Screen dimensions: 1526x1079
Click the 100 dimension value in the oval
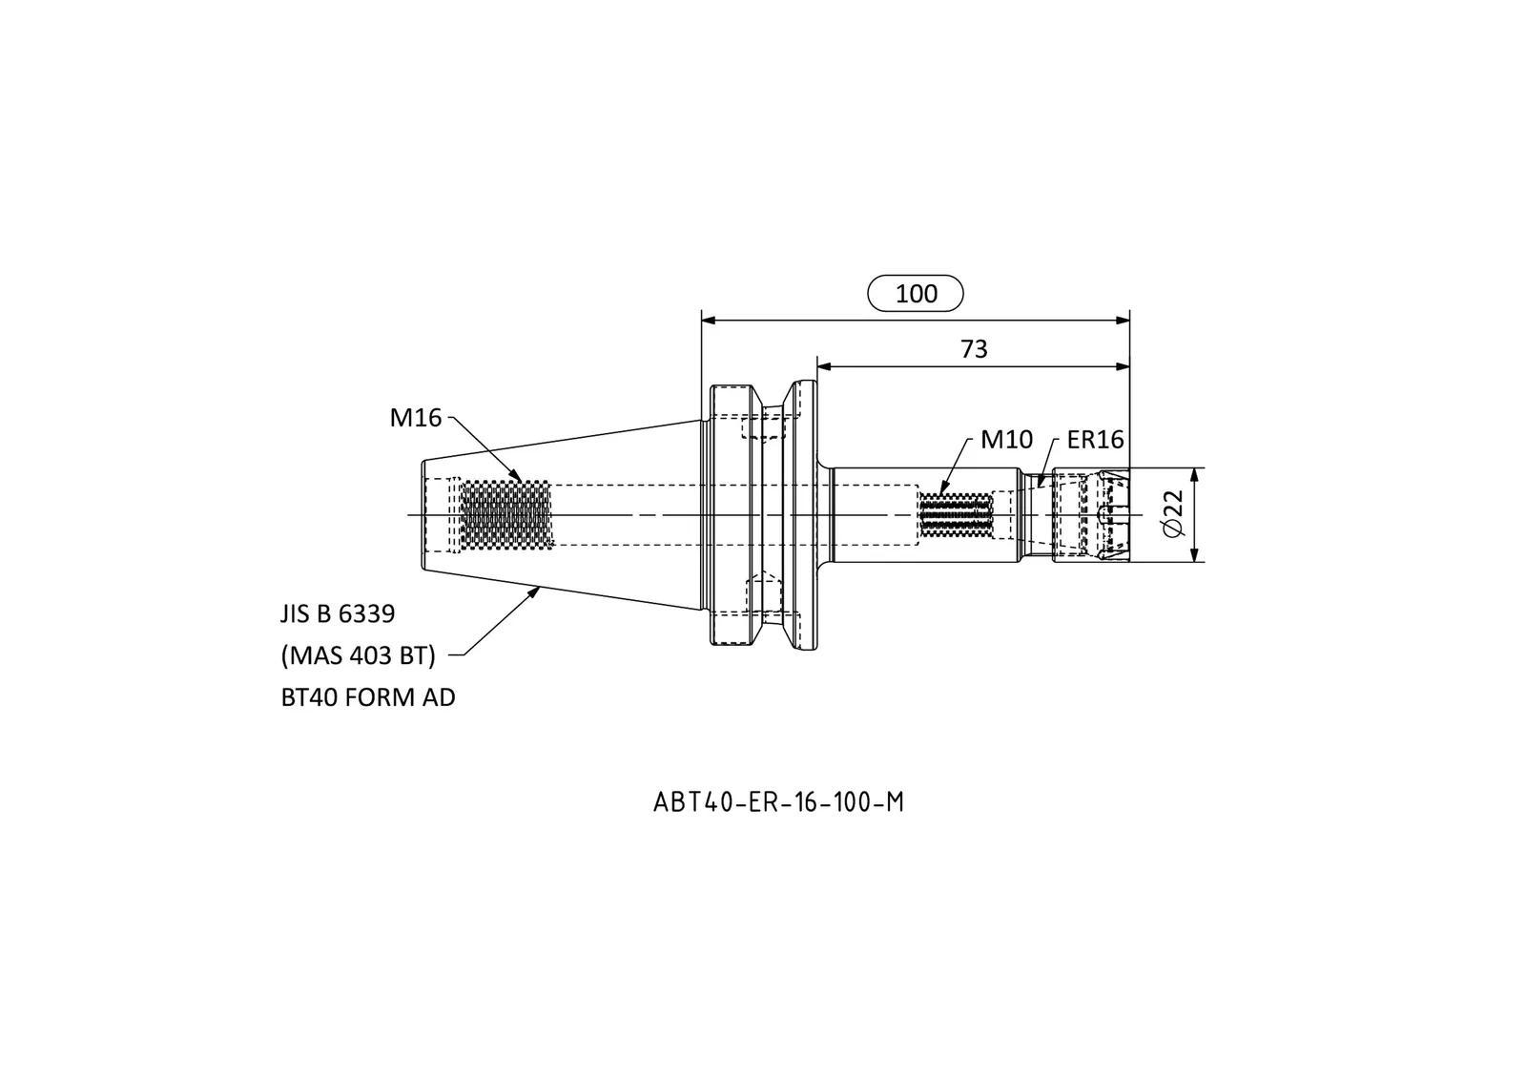click(917, 294)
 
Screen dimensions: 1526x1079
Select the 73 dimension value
click(974, 349)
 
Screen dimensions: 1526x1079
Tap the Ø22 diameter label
click(1174, 514)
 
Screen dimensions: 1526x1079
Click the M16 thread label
click(416, 417)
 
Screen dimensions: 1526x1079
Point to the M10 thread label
click(1006, 440)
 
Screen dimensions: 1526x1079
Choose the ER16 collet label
click(1096, 440)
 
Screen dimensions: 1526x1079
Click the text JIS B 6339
click(338, 614)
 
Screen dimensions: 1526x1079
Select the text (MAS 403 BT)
click(359, 655)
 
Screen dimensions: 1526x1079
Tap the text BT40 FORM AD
click(368, 697)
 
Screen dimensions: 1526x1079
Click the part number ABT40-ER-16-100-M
click(778, 802)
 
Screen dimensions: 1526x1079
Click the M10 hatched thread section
click(955, 514)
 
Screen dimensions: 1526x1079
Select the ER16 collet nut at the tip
click(1091, 514)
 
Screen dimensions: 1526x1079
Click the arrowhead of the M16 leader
click(516, 475)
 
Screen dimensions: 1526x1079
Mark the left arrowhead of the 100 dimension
click(709, 321)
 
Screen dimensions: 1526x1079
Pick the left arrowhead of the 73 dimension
click(824, 366)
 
